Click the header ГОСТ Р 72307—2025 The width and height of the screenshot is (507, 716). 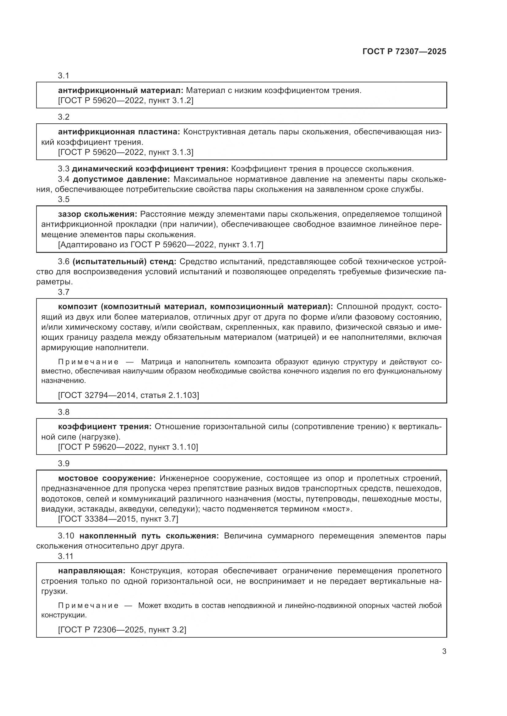404,51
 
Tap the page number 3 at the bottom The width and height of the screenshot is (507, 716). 444,651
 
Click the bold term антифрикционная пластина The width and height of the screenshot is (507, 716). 119,132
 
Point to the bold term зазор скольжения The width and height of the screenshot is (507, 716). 97,214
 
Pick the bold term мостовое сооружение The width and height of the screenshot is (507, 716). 106,478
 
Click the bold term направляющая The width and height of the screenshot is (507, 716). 91,571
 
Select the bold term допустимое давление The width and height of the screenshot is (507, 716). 121,179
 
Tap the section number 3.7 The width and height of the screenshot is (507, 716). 63,292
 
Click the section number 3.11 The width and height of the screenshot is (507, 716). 65,556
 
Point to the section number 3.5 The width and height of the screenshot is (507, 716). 63,199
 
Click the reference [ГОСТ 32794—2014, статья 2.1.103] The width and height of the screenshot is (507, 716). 128,395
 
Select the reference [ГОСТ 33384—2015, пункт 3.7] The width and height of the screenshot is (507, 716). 118,519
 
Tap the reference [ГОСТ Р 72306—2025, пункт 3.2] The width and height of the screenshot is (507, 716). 122,630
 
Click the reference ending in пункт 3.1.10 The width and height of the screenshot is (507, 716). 128,447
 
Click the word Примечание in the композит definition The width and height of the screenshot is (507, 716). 88,362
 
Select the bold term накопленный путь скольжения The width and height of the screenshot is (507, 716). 149,536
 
